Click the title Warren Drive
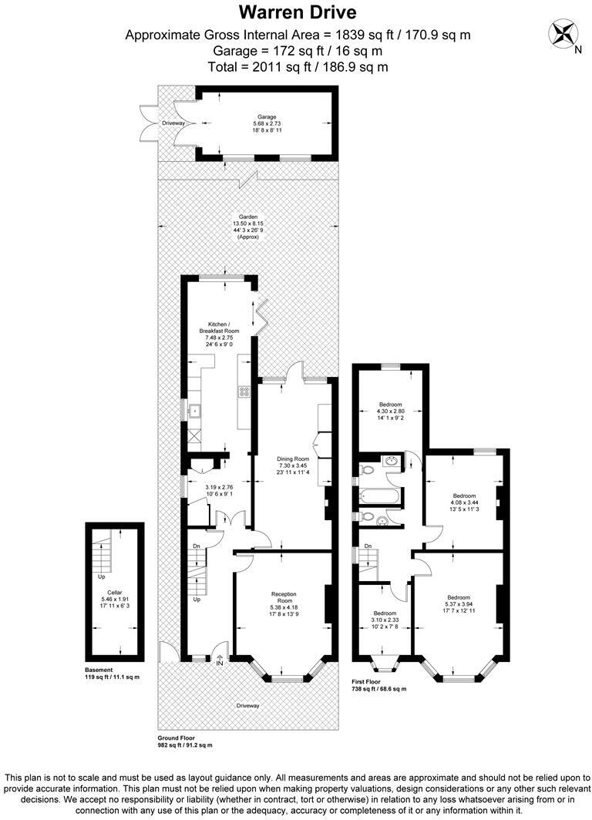(297, 12)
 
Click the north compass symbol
(562, 34)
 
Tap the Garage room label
(267, 117)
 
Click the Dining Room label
(293, 460)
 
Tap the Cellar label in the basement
(115, 592)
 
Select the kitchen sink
(195, 410)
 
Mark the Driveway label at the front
(248, 705)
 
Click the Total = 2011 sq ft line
(297, 66)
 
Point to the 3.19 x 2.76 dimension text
(219, 487)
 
